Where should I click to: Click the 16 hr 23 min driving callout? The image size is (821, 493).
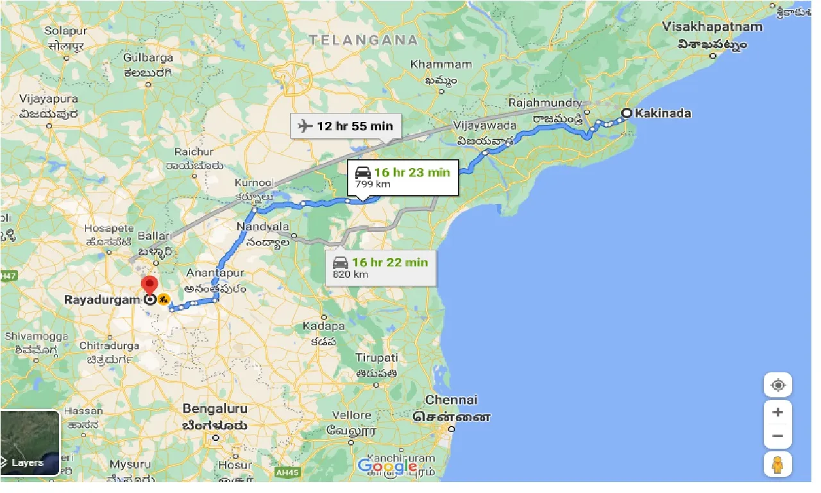coord(403,177)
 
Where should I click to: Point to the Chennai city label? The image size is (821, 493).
coord(452,400)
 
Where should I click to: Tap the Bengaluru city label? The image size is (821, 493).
coord(215,409)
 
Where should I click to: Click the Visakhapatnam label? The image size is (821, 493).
coord(713,27)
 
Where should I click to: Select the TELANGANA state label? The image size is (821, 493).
coord(363,40)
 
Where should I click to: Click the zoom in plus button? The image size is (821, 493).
coord(778,413)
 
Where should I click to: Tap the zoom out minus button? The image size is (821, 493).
coord(778,437)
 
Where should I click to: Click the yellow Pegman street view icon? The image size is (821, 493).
coord(778,464)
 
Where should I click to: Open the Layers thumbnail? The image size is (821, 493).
coord(30,443)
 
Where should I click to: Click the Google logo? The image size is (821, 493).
coord(387,466)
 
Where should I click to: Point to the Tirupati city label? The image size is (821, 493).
coord(377,358)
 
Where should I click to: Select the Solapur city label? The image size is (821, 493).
coord(65,31)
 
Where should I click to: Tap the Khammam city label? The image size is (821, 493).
coord(441,65)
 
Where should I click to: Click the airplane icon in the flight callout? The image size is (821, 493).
coord(305,125)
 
